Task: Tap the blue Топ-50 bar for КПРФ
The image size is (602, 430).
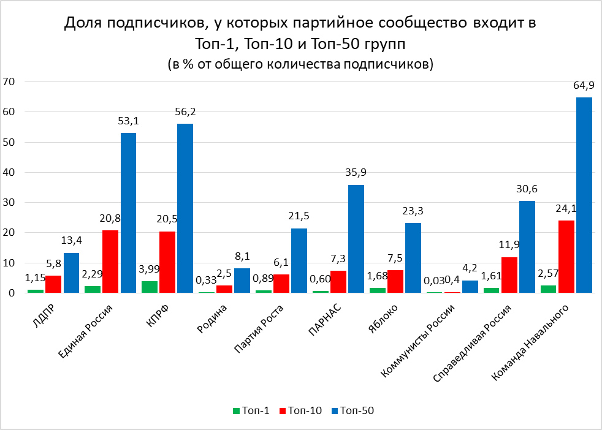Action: tap(185, 208)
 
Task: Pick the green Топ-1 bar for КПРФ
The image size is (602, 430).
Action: tap(150, 287)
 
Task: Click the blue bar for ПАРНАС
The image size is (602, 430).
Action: tap(356, 239)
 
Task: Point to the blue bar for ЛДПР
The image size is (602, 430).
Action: tap(71, 273)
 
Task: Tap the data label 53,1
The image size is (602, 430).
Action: tap(128, 120)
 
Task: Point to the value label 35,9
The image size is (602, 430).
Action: tap(356, 172)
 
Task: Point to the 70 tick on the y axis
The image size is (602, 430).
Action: tap(9, 81)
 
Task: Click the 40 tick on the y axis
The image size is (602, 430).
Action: tap(9, 172)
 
